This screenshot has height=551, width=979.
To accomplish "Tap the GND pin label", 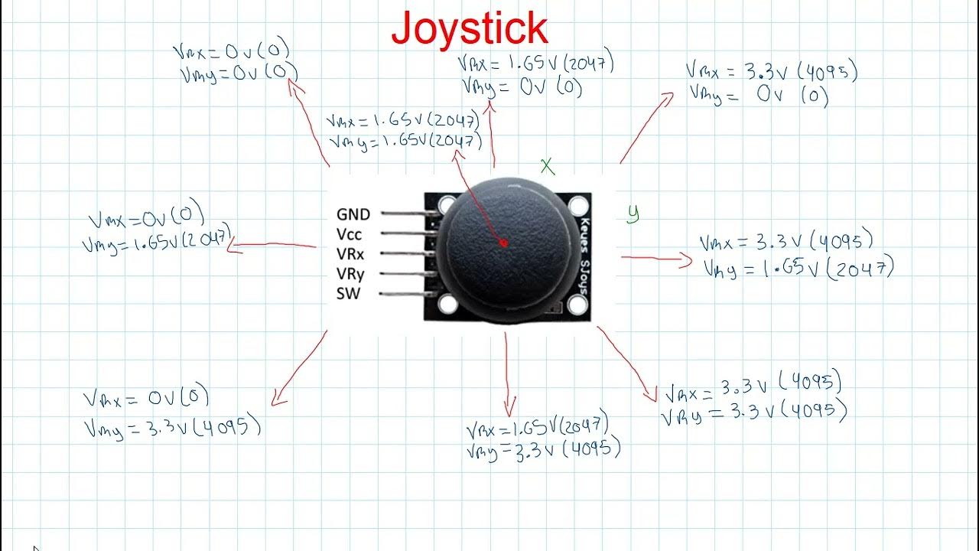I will (353, 214).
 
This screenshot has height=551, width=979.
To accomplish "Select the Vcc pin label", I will (349, 234).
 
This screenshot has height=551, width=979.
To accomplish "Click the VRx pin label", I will (350, 253).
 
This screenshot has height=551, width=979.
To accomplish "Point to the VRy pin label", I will (350, 273).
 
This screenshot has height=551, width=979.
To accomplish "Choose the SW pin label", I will (347, 294).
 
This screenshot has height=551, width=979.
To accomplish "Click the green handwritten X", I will (547, 166).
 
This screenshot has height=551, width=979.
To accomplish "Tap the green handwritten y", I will (633, 214).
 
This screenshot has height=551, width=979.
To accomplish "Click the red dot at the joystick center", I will (503, 243).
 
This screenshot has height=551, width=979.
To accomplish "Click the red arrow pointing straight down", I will (508, 375).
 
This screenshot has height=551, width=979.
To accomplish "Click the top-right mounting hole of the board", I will (577, 205).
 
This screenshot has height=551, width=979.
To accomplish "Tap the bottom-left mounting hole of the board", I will (448, 304).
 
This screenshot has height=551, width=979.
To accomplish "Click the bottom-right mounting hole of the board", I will (577, 305).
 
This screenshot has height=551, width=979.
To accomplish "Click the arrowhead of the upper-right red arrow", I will (668, 96).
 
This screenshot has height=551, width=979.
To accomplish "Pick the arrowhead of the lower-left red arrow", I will (278, 398).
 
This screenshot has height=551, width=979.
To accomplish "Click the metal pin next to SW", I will (405, 293).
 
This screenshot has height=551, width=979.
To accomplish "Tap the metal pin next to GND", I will (405, 214).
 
